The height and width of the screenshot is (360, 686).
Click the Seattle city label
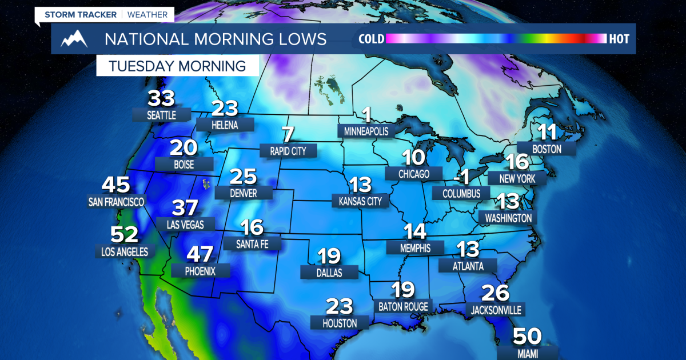click(162, 115)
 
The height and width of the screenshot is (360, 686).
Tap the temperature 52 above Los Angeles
click(123, 235)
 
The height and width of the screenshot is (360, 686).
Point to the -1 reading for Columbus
click(461, 178)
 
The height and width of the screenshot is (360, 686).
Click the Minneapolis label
click(366, 131)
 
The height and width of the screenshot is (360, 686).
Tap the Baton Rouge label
click(403, 307)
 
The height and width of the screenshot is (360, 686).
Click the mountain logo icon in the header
click(74, 39)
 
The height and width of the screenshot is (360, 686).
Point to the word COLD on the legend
click(371, 39)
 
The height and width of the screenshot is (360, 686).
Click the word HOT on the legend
click(619, 39)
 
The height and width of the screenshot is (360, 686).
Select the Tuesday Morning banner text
click(177, 66)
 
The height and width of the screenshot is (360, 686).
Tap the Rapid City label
click(288, 151)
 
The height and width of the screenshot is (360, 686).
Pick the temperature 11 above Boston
click(547, 133)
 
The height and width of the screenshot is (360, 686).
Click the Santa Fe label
click(252, 244)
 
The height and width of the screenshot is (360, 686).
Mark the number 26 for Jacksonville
click(495, 293)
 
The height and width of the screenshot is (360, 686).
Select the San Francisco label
click(116, 201)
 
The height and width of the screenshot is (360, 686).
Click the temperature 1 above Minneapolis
click(366, 115)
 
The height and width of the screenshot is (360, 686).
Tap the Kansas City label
click(361, 201)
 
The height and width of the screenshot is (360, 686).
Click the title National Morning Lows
click(215, 39)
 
